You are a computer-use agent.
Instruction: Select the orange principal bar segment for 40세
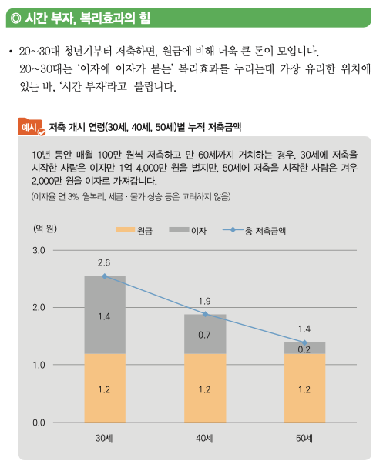coord(205,388)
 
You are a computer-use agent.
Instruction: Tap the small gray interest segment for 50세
coord(305,348)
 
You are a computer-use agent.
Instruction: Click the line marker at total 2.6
coord(105,276)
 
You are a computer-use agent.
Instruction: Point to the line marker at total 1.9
coord(205,314)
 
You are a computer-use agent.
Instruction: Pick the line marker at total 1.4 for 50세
coord(305,342)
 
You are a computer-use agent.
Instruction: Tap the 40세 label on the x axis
coord(205,439)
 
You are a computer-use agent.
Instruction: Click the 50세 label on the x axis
coord(305,439)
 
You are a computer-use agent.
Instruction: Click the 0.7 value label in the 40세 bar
coord(205,335)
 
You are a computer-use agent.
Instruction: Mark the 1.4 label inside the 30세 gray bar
coord(105,316)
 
